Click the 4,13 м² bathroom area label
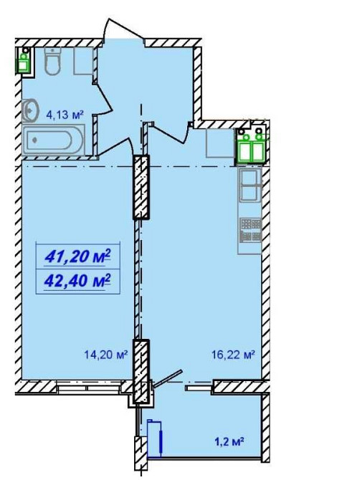point(65,115)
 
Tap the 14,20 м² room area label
point(105,355)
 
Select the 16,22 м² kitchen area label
point(234,355)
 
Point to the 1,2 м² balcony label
point(229,441)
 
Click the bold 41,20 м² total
point(77,256)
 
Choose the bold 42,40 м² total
point(77,280)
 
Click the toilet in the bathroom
point(52,61)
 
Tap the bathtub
point(54,141)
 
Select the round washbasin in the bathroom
point(30,110)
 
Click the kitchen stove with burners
point(251,230)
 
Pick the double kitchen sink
point(250,186)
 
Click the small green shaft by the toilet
point(24,61)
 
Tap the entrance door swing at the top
point(123,30)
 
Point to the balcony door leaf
point(168,379)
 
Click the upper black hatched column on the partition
point(141,187)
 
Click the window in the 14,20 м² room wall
point(89,387)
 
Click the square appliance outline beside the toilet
point(83,61)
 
